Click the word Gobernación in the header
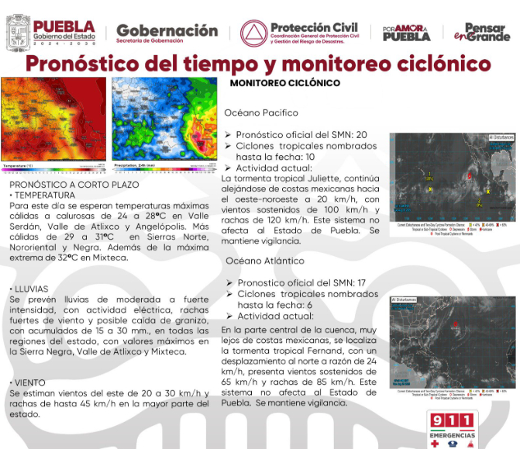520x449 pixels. pos(166,31)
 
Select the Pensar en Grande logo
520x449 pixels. pos(484,32)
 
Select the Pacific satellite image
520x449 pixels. pos(452,178)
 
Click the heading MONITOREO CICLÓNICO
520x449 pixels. pos(285,83)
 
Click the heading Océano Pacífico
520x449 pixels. pos(262,112)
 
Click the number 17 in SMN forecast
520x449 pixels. pos(363,283)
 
